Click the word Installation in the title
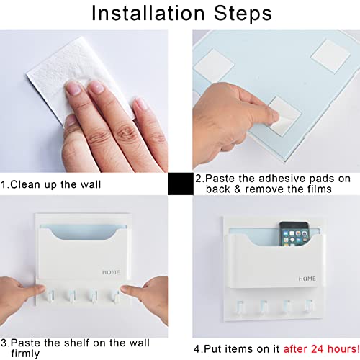tap(148, 13)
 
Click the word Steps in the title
tap(243, 13)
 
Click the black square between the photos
tap(181, 184)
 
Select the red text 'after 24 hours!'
tap(321, 348)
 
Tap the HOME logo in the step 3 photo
tap(111, 272)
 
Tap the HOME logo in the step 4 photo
tap(307, 279)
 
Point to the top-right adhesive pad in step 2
tap(330, 56)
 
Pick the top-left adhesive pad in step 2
tap(214, 64)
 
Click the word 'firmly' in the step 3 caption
tap(25, 354)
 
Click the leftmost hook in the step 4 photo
tap(240, 307)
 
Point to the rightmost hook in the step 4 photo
tap(309, 306)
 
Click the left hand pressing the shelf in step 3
tap(19, 297)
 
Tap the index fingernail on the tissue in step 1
tap(73, 88)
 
